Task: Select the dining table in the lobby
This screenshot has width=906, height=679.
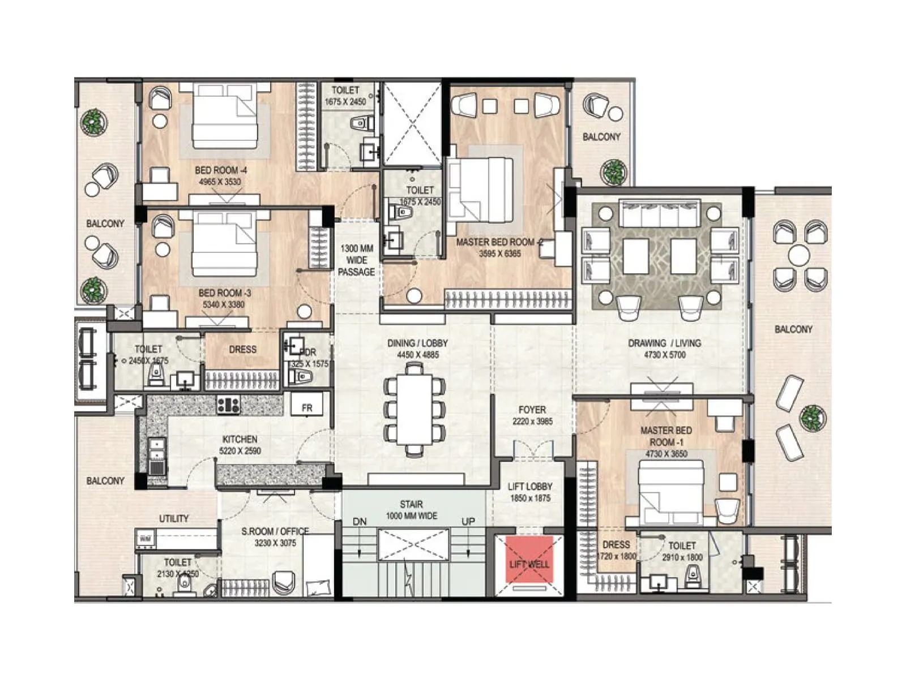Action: click(x=414, y=410)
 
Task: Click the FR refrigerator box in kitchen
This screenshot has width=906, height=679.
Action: click(x=307, y=407)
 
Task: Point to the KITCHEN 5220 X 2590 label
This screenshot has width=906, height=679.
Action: click(x=240, y=445)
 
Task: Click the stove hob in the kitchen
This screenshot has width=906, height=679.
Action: click(x=228, y=405)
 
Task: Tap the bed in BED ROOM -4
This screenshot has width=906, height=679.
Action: click(x=225, y=116)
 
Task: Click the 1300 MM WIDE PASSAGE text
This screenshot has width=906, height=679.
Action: click(x=357, y=260)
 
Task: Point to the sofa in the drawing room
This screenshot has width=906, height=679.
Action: click(x=660, y=214)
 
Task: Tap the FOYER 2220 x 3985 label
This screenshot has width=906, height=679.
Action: click(x=532, y=415)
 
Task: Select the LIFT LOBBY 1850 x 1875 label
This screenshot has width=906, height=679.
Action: click(x=530, y=492)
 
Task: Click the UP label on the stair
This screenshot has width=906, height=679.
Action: click(x=468, y=521)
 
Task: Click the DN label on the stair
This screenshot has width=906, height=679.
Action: click(x=360, y=521)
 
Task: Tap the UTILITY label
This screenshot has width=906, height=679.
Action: click(x=174, y=518)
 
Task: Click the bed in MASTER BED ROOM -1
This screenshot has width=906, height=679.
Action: click(x=672, y=492)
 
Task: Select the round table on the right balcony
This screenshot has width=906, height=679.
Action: click(x=799, y=255)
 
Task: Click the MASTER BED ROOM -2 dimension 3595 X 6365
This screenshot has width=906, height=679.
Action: click(x=499, y=253)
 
